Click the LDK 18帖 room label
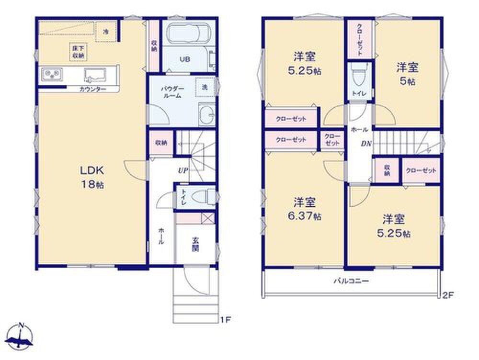coord(92,177)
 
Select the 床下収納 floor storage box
coord(79,52)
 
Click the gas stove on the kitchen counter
coord(52,74)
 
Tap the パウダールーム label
coord(172,92)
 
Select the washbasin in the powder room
coord(207,114)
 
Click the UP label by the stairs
coord(183,171)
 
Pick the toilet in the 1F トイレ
coord(205,196)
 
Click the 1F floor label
coord(226,320)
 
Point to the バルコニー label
coord(351,281)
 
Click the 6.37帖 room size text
coord(304,216)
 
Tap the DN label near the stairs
coord(366,144)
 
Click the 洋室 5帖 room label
coord(407,74)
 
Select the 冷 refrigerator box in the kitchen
coord(106,32)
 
